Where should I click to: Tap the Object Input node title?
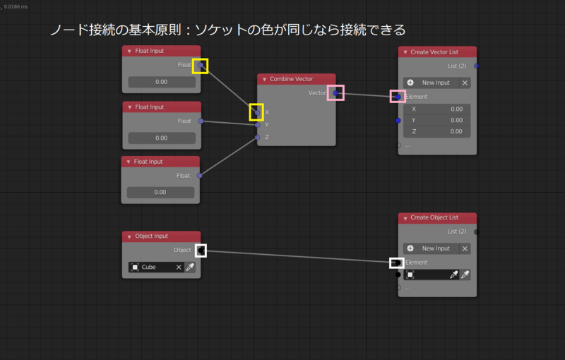pyautogui.click(x=151, y=236)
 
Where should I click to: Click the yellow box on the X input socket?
pyautogui.click(x=256, y=112)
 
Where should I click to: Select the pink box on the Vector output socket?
pyautogui.click(x=335, y=93)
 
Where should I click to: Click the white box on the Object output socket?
pyautogui.click(x=201, y=250)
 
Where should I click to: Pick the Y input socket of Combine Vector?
pyautogui.click(x=258, y=125)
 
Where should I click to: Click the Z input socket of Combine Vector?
pyautogui.click(x=258, y=137)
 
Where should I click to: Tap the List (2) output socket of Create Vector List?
pyautogui.click(x=477, y=66)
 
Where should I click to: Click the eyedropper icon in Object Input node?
pyautogui.click(x=190, y=268)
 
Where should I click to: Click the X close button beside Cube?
pyautogui.click(x=179, y=268)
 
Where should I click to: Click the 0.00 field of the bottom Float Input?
pyautogui.click(x=160, y=192)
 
